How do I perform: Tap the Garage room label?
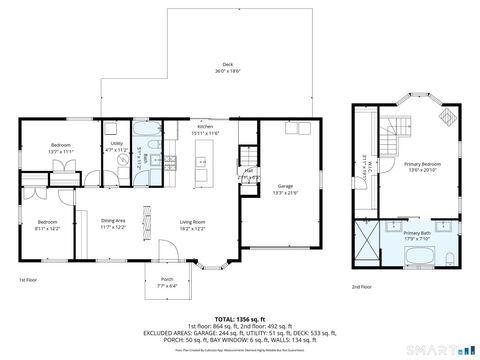coord(285,189)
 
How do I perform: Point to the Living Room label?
coord(192,224)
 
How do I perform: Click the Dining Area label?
coord(114,224)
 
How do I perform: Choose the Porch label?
coord(167,282)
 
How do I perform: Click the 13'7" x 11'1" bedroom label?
coord(60,147)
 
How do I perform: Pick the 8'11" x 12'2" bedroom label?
coord(48,224)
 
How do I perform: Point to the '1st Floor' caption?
coord(28,281)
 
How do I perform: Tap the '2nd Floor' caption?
coord(361,287)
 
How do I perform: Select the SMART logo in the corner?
coord(442,350)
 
